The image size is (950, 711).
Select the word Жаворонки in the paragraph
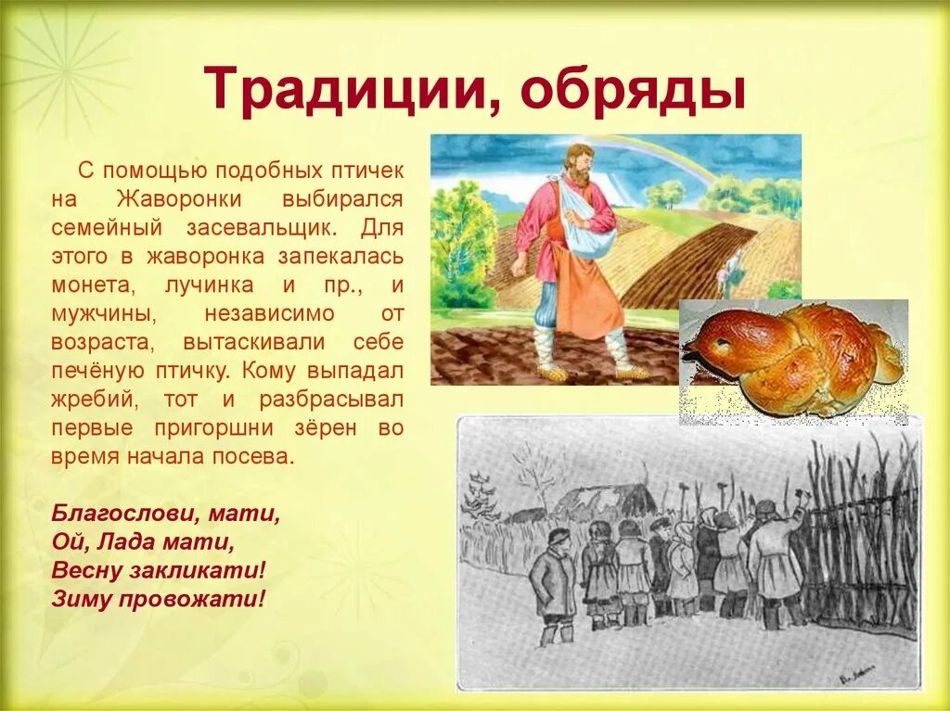[x=181, y=198]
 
